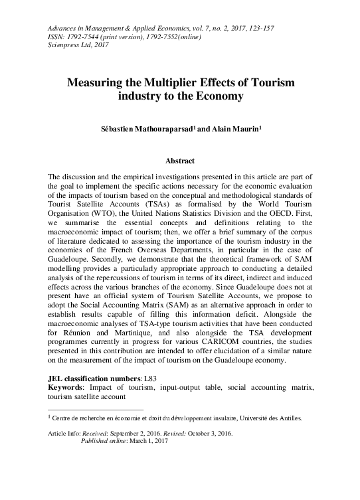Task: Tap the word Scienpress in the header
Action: [x=64, y=45]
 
